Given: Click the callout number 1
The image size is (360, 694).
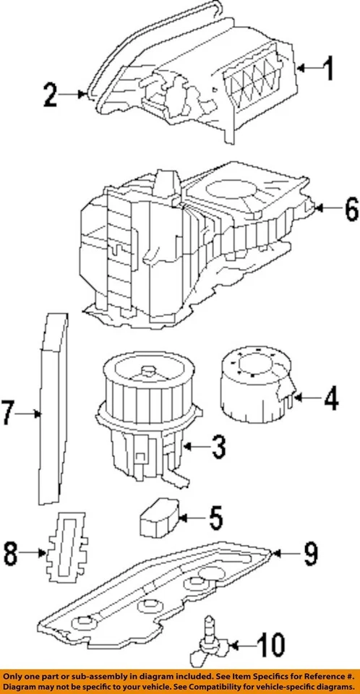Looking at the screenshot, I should point(328,70).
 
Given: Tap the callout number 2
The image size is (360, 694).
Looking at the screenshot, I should point(49,95).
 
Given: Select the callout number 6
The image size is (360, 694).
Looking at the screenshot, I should point(350,210).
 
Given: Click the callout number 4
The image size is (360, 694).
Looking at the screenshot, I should point(330,398).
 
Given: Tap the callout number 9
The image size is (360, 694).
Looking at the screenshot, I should point(309,554).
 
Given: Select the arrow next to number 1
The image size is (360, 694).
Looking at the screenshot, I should point(307,69).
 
